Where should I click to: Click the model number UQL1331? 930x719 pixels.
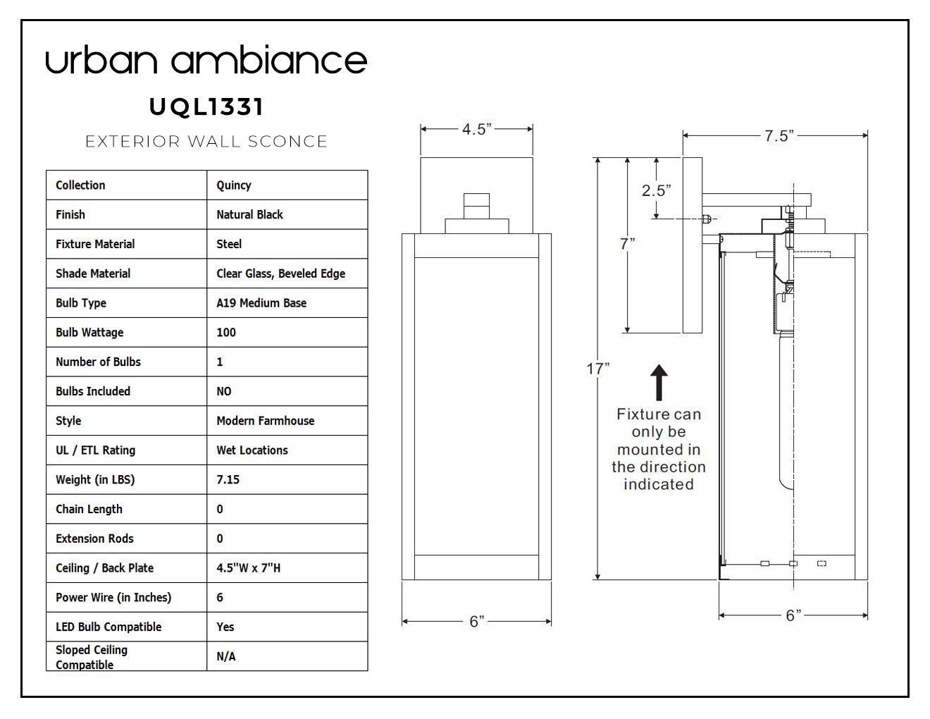tap(206, 107)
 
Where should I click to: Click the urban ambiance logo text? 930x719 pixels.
tap(206, 61)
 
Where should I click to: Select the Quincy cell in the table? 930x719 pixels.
tap(234, 185)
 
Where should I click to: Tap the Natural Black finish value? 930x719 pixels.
tap(249, 214)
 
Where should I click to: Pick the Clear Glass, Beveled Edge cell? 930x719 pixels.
tap(280, 274)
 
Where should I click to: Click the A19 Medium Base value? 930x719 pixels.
tap(261, 303)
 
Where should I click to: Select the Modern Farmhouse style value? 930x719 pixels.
tap(265, 421)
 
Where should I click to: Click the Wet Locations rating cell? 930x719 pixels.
tap(252, 450)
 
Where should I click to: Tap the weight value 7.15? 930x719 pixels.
tap(228, 480)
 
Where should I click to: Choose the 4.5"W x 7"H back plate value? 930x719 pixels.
tap(248, 568)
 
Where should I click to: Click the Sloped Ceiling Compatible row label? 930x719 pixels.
tap(92, 657)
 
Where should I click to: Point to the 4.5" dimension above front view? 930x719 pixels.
tap(476, 130)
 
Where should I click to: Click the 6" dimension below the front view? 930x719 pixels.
tap(477, 622)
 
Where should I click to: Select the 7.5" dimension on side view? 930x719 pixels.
tap(779, 136)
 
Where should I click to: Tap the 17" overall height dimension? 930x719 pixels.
tap(597, 369)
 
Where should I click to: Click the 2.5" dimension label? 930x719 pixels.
tap(656, 190)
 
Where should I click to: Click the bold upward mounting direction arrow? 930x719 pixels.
tap(658, 383)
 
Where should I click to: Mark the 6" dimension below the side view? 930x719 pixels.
tap(793, 615)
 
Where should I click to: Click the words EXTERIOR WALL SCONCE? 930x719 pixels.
tap(206, 142)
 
